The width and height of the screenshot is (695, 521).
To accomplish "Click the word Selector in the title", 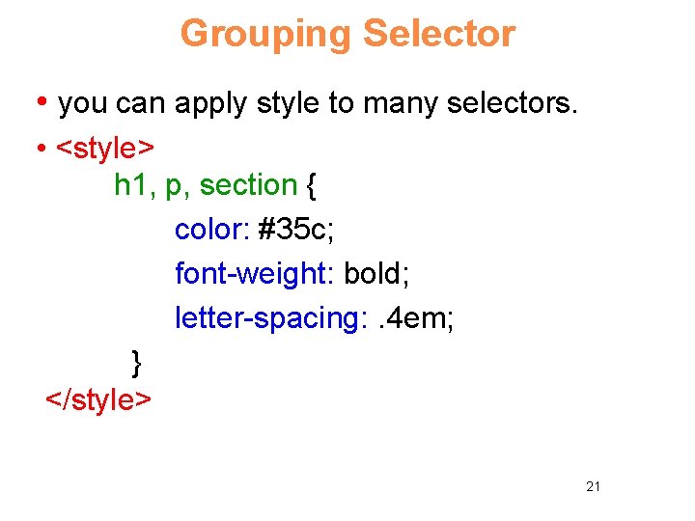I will point(438,35).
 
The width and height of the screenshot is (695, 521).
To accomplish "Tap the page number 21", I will point(593,486).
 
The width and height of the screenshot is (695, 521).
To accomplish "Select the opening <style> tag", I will point(105,150).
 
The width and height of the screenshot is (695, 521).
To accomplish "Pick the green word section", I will point(248,184).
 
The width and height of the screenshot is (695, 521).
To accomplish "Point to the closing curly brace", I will point(136,364).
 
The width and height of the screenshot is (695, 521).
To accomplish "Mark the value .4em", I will point(410,318).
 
